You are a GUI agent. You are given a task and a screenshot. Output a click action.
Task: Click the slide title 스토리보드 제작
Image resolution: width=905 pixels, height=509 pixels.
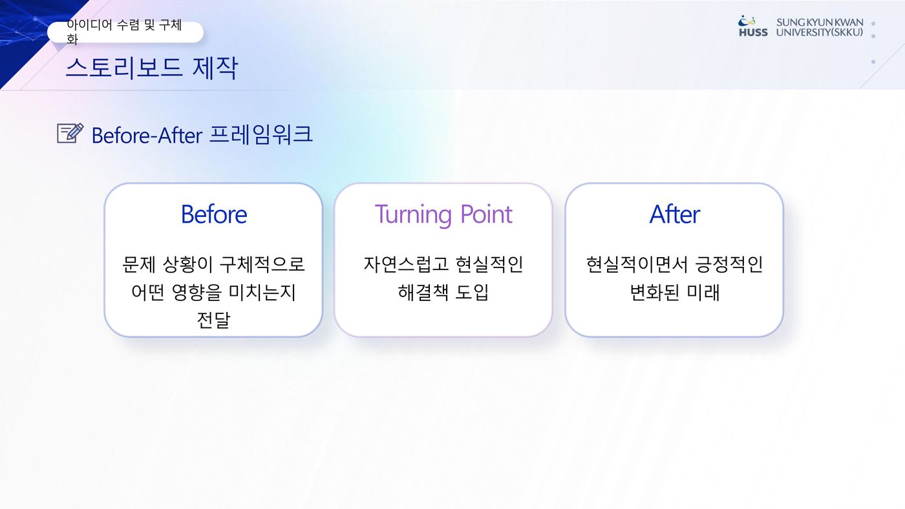click(x=151, y=67)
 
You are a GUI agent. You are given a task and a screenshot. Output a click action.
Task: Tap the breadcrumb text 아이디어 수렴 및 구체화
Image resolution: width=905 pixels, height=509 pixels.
click(x=124, y=32)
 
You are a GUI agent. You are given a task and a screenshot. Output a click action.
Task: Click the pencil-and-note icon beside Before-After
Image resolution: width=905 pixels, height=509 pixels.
click(x=70, y=133)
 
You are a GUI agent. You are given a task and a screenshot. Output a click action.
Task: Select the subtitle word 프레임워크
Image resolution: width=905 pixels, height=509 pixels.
click(x=261, y=134)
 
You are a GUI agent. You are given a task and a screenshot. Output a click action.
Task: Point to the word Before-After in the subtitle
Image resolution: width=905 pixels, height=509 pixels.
click(x=147, y=135)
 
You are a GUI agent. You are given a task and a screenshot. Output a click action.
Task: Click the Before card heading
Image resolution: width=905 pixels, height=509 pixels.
click(x=214, y=214)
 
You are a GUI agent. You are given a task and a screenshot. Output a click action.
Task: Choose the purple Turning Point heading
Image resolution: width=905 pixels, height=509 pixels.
click(x=443, y=214)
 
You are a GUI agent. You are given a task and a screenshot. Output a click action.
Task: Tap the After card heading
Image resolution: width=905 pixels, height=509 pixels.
click(x=674, y=214)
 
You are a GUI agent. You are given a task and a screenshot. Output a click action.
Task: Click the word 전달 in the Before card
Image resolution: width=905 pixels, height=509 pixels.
click(x=213, y=320)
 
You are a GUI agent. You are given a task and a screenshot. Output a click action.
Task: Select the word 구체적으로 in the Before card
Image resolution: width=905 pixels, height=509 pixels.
click(x=262, y=264)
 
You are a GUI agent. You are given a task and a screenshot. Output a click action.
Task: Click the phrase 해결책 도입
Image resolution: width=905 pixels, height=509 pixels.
click(x=443, y=292)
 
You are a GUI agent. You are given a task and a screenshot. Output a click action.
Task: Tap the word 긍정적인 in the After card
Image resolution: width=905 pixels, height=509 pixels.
click(x=729, y=264)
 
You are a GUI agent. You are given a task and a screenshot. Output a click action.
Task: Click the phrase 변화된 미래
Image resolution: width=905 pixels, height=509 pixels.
click(x=674, y=292)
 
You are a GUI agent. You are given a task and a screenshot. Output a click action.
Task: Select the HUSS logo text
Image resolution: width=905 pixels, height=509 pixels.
click(x=753, y=32)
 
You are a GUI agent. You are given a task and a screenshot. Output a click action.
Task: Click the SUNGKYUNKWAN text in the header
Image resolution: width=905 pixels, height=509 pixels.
click(x=820, y=23)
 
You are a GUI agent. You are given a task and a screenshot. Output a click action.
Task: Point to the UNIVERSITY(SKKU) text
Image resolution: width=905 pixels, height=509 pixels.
click(x=820, y=32)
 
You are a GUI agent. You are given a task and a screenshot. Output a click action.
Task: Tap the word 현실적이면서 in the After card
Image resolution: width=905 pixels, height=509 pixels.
click(x=637, y=264)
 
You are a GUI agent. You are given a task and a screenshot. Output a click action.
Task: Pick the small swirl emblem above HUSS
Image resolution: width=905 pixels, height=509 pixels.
click(x=747, y=20)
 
